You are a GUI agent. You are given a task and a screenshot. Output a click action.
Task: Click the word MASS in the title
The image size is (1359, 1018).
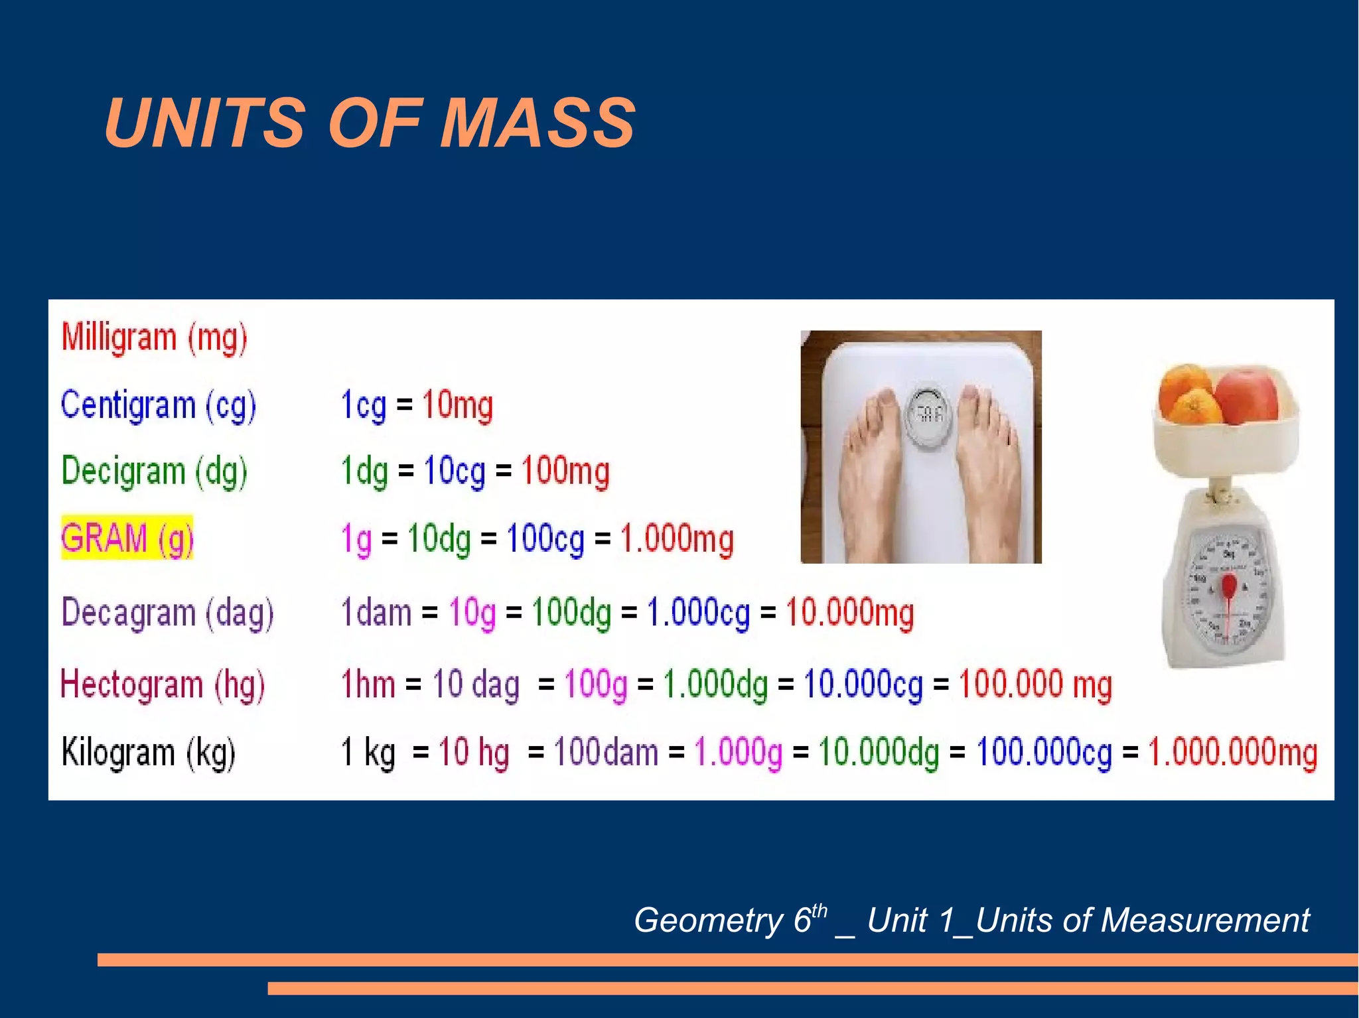coord(537,123)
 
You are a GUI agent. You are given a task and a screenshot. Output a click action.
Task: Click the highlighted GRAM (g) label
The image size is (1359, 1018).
coord(127,538)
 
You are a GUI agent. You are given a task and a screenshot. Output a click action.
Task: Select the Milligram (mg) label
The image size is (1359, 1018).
coord(154,338)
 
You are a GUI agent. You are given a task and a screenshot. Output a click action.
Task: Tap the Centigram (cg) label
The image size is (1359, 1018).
coord(158,405)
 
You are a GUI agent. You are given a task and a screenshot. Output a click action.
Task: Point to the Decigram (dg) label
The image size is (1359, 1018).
coord(154,472)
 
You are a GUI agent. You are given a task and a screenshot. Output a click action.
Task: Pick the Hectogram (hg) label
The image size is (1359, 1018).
coord(163,684)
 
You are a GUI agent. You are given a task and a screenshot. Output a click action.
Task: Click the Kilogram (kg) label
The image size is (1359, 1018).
coord(148,753)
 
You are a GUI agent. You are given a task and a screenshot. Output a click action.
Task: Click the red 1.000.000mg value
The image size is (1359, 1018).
coord(1232,753)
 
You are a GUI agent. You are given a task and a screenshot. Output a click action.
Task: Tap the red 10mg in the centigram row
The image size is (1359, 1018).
coord(457,405)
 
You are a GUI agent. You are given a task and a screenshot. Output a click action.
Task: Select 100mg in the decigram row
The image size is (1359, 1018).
coord(565,472)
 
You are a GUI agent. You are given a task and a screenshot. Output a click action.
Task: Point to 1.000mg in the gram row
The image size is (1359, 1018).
coord(677,539)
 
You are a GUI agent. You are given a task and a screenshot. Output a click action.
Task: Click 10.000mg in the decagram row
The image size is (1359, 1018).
coord(849,612)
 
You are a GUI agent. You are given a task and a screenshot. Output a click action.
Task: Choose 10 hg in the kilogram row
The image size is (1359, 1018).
coord(474,753)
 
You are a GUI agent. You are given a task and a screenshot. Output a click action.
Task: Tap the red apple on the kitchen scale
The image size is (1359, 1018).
coord(1248,396)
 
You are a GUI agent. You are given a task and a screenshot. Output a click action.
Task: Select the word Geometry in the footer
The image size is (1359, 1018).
coord(709,921)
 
